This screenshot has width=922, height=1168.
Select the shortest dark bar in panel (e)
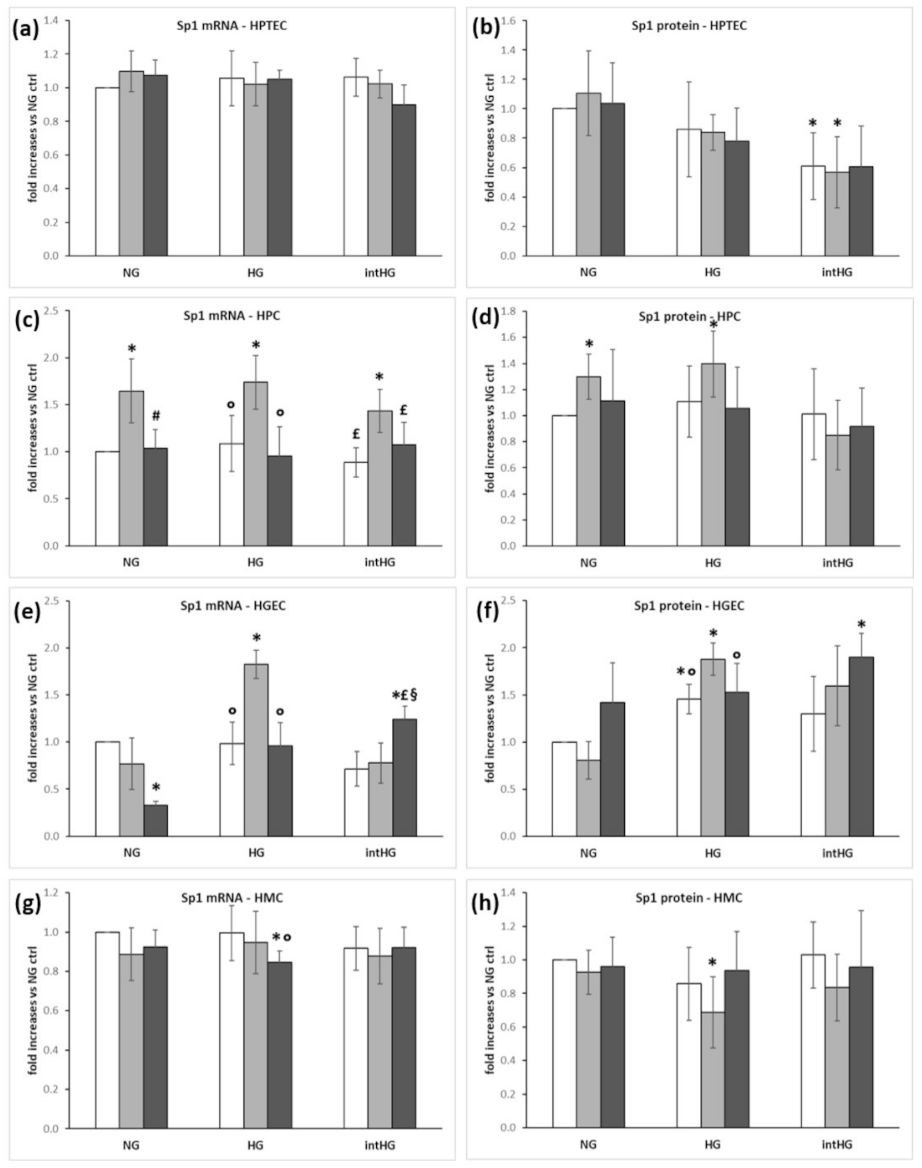coord(156,820)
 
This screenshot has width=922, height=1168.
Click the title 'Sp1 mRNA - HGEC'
coord(233,606)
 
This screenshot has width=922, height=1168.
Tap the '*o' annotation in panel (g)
coord(281,952)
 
